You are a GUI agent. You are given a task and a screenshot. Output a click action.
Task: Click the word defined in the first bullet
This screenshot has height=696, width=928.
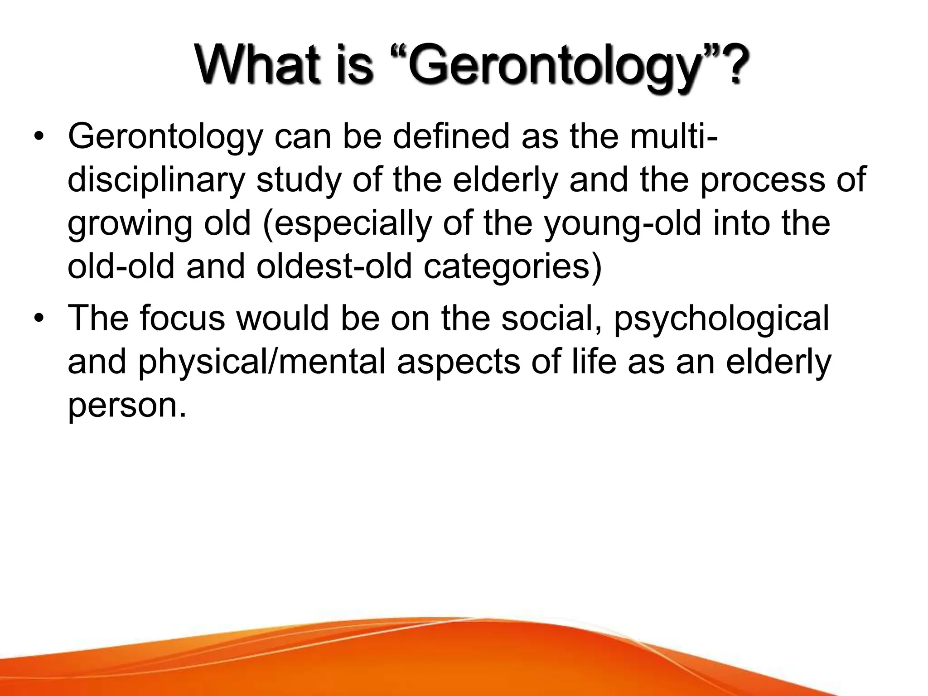coord(451,136)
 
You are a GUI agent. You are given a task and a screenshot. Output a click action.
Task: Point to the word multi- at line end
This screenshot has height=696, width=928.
coord(666,136)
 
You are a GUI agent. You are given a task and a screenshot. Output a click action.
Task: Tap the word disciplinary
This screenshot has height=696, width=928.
coord(156,180)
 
